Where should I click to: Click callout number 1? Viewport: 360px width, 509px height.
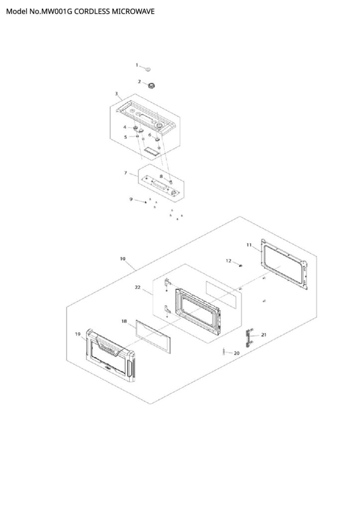click(137, 65)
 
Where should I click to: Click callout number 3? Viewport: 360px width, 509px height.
click(116, 93)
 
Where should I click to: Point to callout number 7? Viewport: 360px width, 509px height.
click(126, 173)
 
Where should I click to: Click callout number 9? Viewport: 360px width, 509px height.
click(131, 199)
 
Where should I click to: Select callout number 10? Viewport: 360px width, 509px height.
click(122, 259)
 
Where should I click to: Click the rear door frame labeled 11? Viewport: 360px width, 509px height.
click(283, 266)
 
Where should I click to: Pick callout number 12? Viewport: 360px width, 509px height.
click(229, 260)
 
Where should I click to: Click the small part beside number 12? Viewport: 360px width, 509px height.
click(241, 266)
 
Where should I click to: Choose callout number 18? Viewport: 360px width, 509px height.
click(124, 322)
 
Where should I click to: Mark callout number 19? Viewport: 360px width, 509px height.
click(78, 335)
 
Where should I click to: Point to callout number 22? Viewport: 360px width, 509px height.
click(138, 287)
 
